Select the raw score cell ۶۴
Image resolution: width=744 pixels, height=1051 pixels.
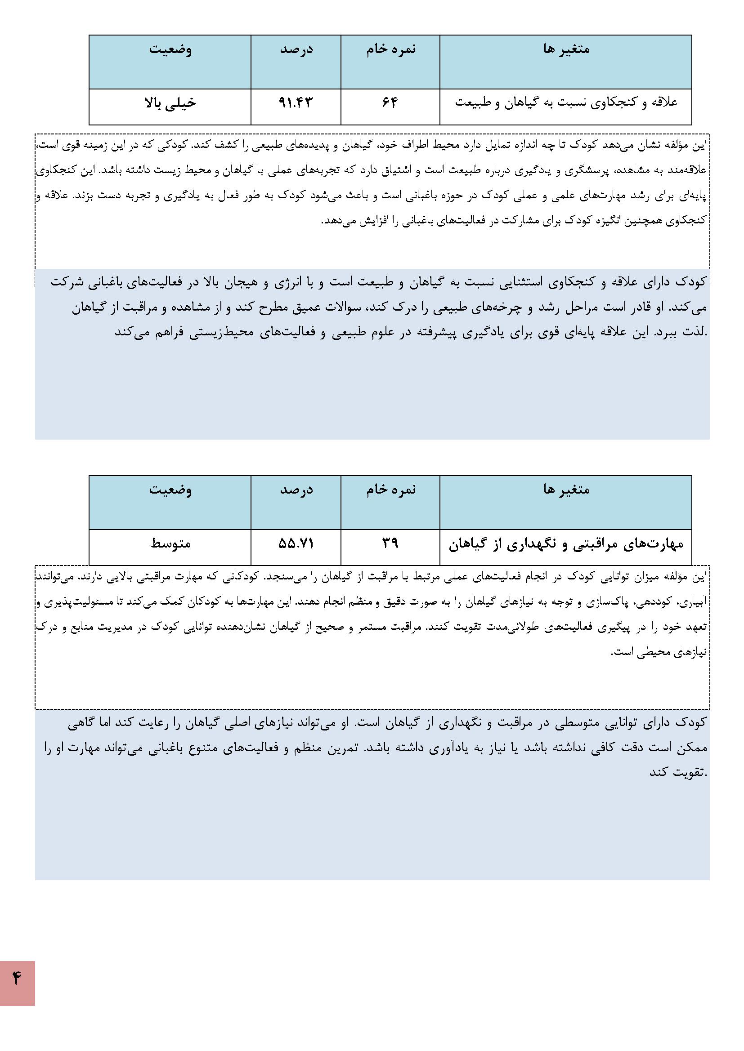(390, 102)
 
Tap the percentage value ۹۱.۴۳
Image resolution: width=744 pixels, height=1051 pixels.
(296, 102)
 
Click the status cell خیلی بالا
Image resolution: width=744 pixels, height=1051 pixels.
(170, 102)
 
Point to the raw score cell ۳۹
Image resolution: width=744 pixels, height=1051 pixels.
(390, 543)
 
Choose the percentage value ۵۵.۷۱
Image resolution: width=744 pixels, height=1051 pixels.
(296, 543)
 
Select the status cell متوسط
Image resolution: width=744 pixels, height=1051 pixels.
(170, 543)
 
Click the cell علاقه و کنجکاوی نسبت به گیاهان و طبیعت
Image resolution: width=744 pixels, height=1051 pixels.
(566, 102)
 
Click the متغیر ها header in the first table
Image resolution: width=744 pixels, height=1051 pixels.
(566, 49)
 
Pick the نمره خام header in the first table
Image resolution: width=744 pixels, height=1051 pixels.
(390, 49)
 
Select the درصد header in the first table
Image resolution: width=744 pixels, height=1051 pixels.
(296, 49)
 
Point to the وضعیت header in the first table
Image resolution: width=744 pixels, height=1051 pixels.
(170, 49)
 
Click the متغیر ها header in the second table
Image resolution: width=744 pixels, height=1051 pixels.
(566, 490)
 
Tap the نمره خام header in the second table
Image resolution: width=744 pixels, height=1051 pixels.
(390, 490)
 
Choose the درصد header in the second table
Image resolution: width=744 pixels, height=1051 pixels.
(296, 490)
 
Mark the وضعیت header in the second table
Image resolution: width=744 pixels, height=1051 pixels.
(170, 490)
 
